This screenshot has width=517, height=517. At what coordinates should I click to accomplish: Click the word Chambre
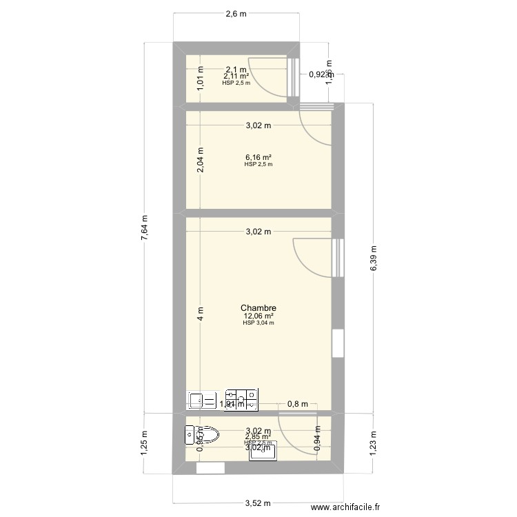pos(258,308)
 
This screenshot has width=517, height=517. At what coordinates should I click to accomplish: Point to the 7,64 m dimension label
pos(145,227)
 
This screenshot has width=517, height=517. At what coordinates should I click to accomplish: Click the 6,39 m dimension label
pos(374,258)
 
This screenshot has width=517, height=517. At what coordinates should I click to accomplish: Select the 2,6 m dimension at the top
pos(236,14)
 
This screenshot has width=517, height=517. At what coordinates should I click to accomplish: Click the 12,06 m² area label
pos(258,316)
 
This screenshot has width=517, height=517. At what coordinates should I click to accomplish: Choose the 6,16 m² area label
pos(258,157)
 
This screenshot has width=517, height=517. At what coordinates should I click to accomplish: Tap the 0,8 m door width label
pos(298,404)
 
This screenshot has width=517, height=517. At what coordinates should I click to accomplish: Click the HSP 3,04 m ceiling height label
pos(258,323)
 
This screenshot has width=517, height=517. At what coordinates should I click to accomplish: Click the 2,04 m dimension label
pos(201,162)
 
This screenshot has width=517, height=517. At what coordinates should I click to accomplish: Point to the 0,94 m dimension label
pos(316,439)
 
